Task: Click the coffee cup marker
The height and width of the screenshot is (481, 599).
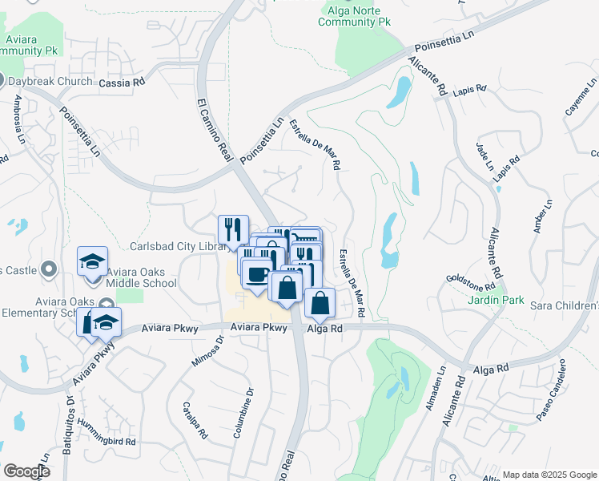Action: click(x=256, y=274)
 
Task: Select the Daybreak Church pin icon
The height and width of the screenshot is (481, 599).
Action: click(x=2, y=81)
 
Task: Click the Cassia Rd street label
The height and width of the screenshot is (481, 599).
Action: click(x=123, y=82)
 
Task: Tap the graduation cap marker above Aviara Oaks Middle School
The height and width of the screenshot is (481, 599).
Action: click(x=93, y=261)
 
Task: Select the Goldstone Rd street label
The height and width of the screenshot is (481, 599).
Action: click(x=471, y=283)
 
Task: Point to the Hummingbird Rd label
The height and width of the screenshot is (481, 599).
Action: click(x=103, y=442)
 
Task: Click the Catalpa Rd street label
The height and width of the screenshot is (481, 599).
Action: click(x=195, y=421)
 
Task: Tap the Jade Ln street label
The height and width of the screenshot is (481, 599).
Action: click(x=485, y=157)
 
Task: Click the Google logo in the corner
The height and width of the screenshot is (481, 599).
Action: click(x=26, y=471)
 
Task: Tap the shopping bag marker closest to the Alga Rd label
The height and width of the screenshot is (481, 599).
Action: click(x=320, y=303)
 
